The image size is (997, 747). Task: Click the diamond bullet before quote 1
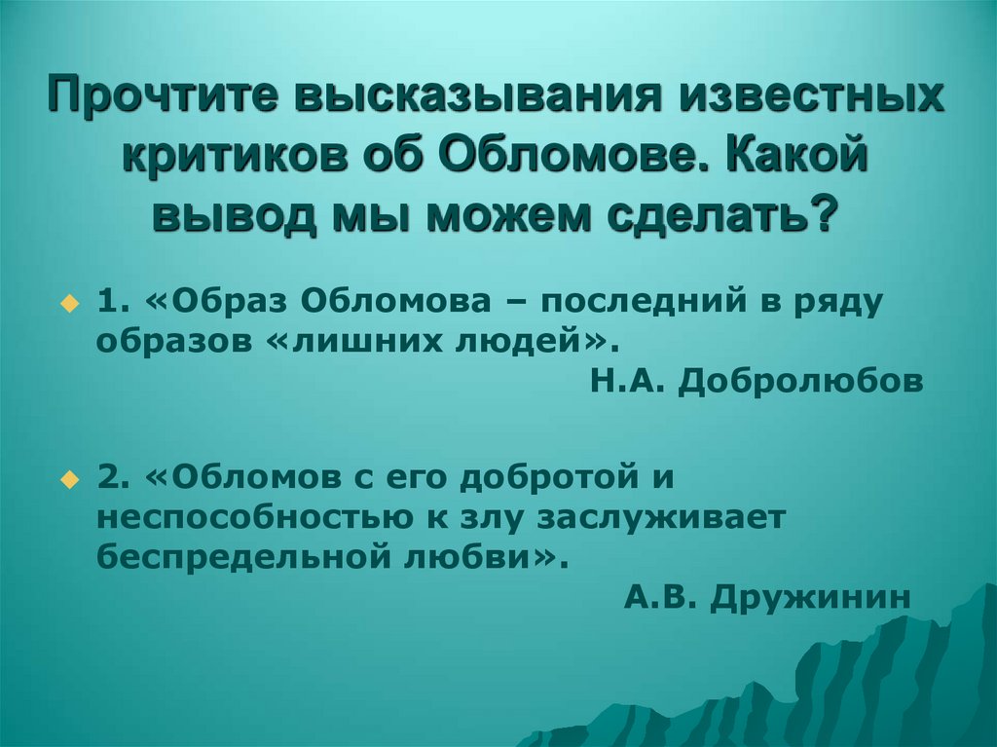point(68,304)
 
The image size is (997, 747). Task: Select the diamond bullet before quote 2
point(68,480)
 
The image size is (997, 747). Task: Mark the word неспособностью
point(249,517)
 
